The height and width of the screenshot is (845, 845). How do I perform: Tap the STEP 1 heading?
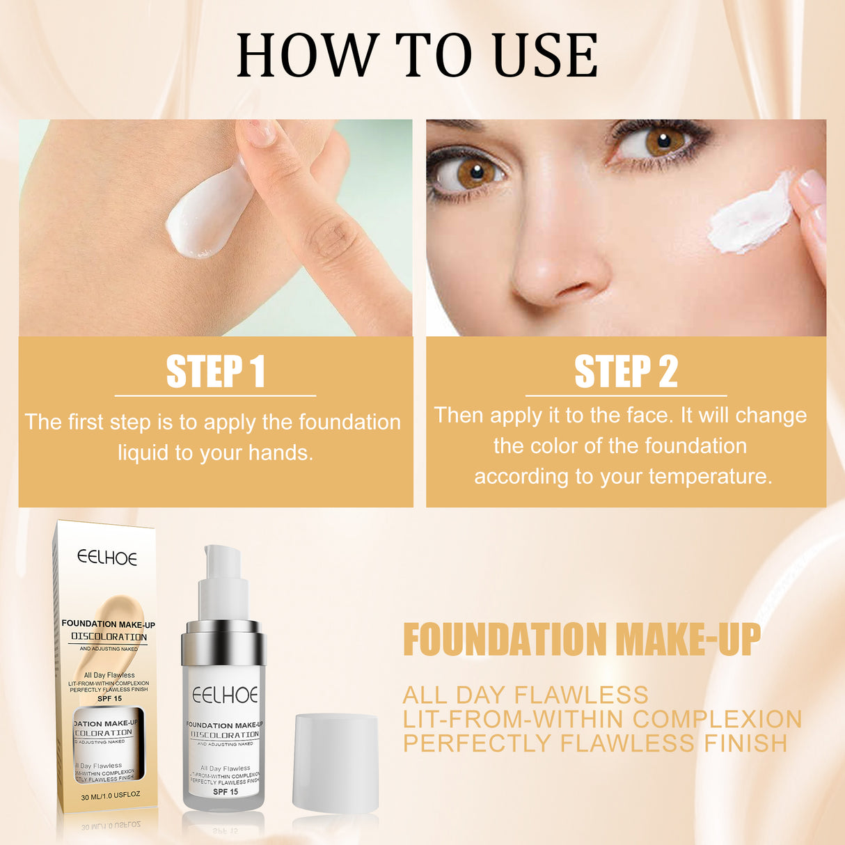(x=216, y=372)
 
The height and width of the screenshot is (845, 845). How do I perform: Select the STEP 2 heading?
(x=626, y=372)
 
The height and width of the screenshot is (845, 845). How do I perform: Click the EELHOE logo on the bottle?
(x=225, y=695)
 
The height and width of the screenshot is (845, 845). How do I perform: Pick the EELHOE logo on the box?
(x=107, y=558)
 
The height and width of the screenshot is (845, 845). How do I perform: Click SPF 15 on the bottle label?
(x=226, y=791)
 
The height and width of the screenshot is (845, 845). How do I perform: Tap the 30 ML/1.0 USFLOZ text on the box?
(x=111, y=796)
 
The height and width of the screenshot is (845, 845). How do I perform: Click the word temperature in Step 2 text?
(x=710, y=477)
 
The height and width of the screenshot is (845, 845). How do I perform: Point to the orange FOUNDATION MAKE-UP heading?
(x=582, y=640)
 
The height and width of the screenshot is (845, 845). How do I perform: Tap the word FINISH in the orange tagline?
(x=745, y=743)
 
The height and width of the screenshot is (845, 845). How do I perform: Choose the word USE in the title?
(x=546, y=55)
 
